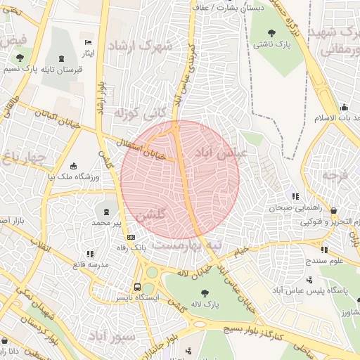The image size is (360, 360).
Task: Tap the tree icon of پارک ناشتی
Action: click(274, 32)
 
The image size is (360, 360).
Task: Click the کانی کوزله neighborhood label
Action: click(133, 112)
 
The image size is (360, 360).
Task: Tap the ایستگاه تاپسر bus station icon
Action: click(137, 287)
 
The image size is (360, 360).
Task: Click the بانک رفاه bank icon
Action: click(131, 237)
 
